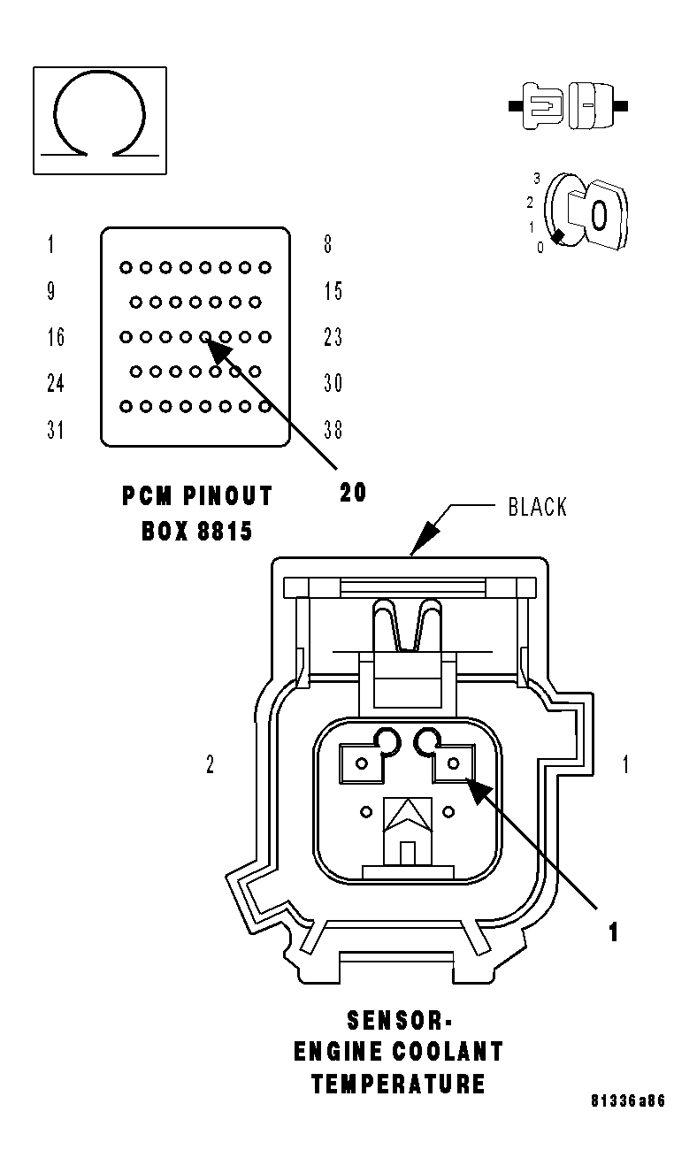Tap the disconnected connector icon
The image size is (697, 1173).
(x=569, y=107)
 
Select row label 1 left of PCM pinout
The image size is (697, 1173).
(x=50, y=244)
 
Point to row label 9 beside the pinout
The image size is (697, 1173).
(x=51, y=291)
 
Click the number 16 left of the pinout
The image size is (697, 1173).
(x=55, y=337)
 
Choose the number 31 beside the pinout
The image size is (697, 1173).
(x=55, y=430)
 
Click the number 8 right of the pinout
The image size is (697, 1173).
(x=327, y=244)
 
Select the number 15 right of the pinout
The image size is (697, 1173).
(x=333, y=291)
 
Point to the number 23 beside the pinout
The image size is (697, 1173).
(x=333, y=337)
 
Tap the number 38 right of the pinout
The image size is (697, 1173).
(x=333, y=430)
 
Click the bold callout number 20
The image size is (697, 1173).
(x=353, y=492)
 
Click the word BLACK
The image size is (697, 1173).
(x=538, y=507)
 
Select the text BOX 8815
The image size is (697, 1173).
(x=197, y=531)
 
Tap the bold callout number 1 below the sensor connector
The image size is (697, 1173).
(x=612, y=931)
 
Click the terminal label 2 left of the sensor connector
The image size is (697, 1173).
(x=210, y=765)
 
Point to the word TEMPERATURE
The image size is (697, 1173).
(x=398, y=1085)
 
